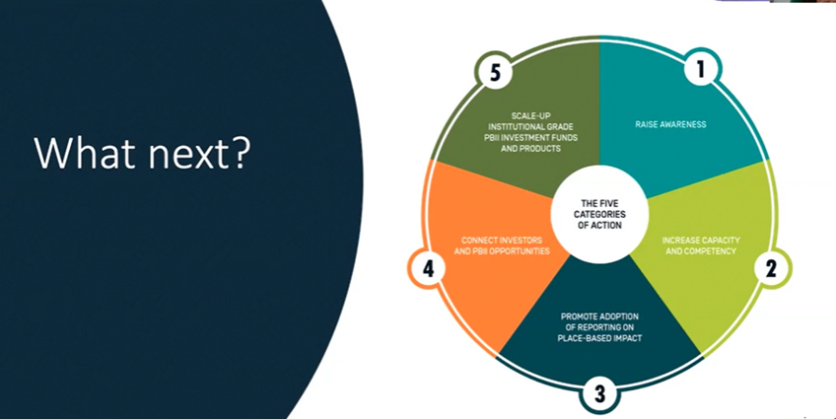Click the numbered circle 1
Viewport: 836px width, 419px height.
[x=702, y=70]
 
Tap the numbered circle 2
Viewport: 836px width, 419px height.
[x=772, y=269]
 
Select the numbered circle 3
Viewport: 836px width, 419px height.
[x=599, y=395]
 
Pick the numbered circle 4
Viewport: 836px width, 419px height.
[x=428, y=270]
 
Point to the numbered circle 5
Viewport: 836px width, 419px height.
[x=494, y=73]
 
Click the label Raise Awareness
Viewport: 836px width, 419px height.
[x=670, y=124]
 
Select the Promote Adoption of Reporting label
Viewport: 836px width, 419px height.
[x=599, y=327]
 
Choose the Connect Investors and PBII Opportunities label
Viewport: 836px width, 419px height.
[x=502, y=245]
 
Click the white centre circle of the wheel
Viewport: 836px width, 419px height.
[x=599, y=214]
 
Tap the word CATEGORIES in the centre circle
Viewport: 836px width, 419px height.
[x=599, y=214]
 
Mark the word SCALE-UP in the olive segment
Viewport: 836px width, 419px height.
[x=530, y=115]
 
